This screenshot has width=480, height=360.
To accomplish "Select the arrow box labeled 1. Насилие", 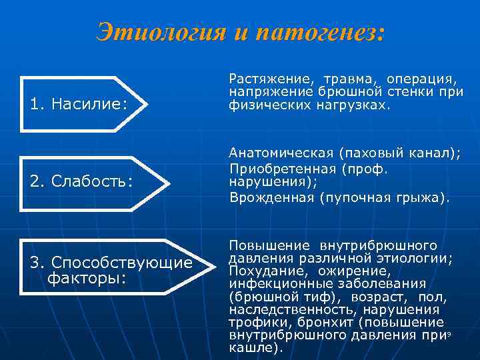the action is tap(83, 104).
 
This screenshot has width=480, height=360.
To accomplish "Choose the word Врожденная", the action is tap(270, 197).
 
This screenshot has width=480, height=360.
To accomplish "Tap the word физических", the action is tap(265, 105).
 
